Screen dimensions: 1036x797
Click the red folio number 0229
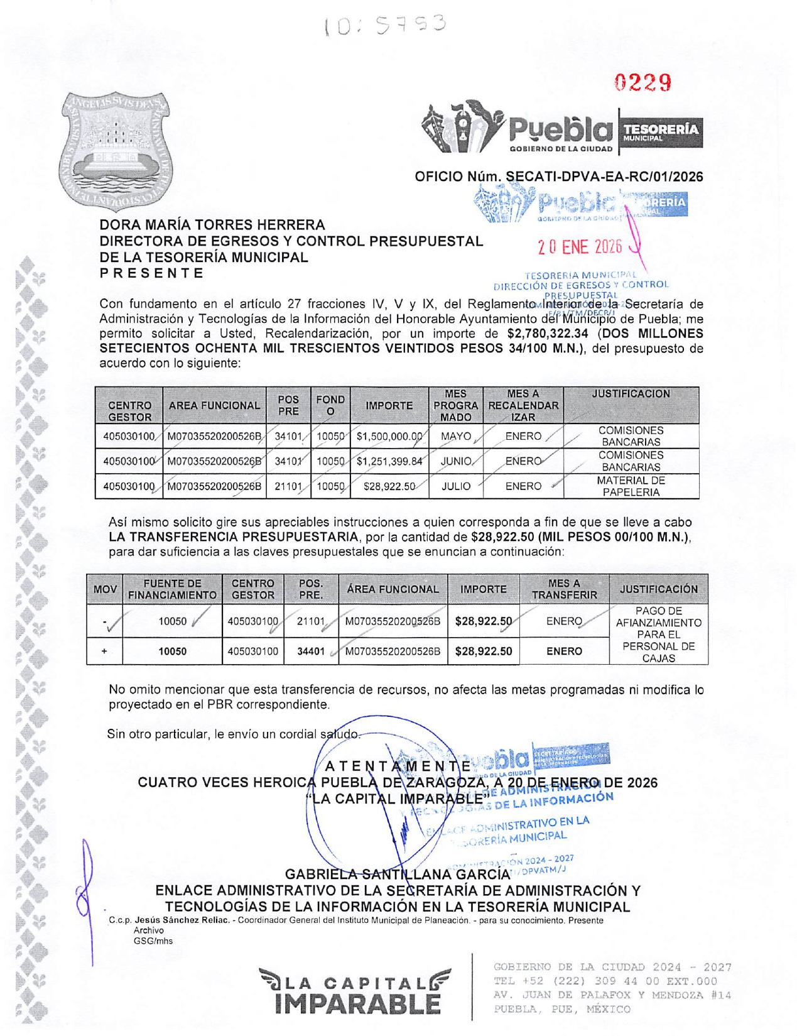[642, 82]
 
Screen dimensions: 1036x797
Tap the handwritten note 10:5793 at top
[384, 25]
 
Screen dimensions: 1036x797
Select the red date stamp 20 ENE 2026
[579, 247]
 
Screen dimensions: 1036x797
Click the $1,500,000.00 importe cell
[389, 436]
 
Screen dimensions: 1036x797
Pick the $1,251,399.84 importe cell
[389, 461]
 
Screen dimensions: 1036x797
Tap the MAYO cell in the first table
[455, 436]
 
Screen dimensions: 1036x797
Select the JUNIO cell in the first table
[455, 461]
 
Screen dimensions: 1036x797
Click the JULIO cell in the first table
[455, 486]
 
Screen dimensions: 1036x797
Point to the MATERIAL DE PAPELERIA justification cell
[631, 486]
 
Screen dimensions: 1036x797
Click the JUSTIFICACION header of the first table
[631, 394]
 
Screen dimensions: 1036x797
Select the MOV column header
[104, 589]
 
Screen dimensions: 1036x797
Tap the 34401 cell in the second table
[311, 652]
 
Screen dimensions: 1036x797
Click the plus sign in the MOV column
[104, 652]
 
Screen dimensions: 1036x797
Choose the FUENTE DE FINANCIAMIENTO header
[172, 589]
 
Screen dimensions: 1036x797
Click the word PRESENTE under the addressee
[151, 273]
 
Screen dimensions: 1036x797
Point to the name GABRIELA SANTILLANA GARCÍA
[397, 875]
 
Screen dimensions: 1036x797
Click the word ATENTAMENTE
[397, 766]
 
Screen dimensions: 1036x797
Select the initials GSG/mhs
[153, 941]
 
